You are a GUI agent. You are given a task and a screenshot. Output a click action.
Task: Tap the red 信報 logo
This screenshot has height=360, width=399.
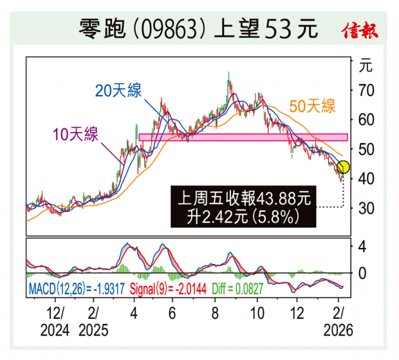click(x=360, y=30)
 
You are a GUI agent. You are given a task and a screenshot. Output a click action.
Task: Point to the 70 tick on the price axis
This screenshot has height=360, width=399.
click(x=366, y=90)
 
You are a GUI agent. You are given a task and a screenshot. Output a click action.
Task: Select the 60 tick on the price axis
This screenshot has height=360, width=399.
click(x=366, y=120)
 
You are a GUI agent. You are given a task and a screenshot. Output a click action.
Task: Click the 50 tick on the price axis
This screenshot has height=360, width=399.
click(x=366, y=149)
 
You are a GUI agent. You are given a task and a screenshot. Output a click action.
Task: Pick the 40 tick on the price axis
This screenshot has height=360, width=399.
click(x=366, y=178)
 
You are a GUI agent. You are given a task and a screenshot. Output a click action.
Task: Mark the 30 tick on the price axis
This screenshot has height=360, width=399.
click(x=366, y=208)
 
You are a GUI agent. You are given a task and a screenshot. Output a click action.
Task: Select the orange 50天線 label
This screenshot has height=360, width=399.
click(x=313, y=106)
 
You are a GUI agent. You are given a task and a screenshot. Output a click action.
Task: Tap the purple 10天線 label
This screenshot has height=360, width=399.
click(x=75, y=135)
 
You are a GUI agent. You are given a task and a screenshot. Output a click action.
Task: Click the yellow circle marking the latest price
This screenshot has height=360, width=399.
click(x=343, y=167)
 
